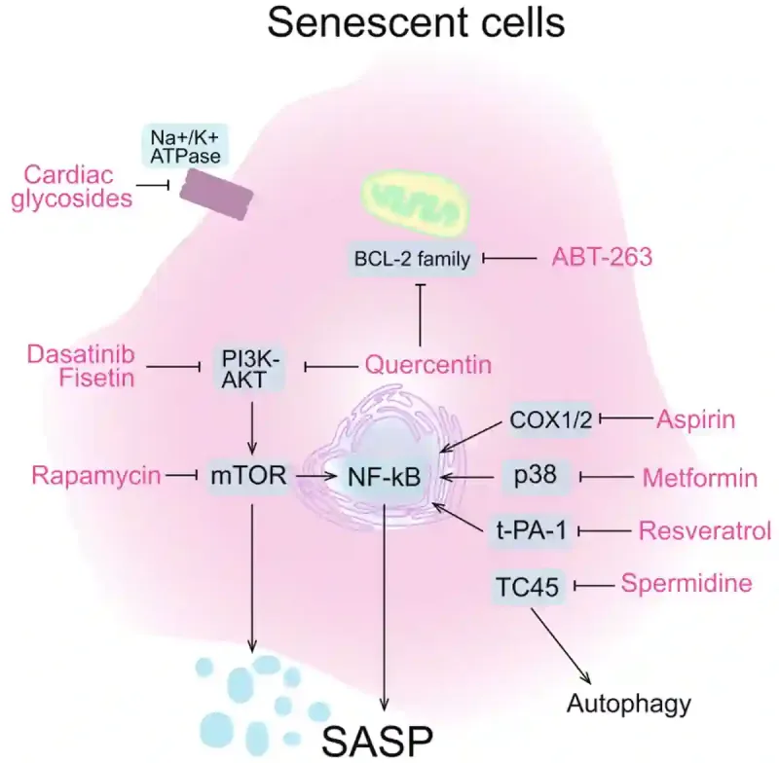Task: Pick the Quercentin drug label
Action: pos(427,365)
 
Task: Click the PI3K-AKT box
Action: pos(249,366)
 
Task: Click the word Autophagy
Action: pos(615,702)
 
